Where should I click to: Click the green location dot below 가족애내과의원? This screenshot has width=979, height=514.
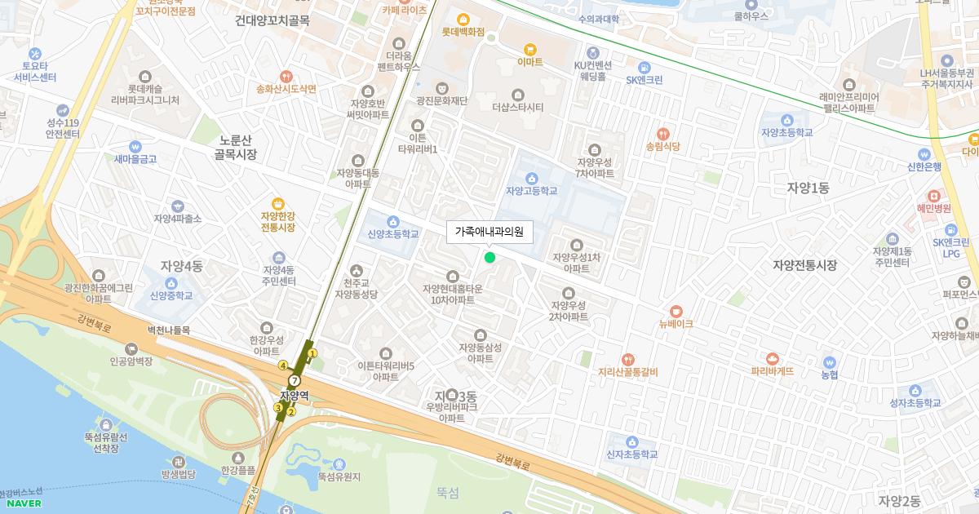[489, 258]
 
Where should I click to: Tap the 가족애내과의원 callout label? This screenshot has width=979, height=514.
[489, 232]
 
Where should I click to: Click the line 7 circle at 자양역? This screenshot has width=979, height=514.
[295, 380]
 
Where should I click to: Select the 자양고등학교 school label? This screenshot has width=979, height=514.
[531, 191]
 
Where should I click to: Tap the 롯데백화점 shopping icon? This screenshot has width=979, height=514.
[463, 20]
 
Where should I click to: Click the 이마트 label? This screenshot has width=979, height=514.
[530, 61]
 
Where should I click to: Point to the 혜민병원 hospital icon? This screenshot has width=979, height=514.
[933, 195]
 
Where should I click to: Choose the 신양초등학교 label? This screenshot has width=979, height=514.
[388, 234]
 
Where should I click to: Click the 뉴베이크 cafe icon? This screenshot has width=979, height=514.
[676, 311]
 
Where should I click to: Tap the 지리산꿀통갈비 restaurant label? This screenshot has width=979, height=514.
[627, 372]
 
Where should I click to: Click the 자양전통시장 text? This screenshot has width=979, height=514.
[804, 265]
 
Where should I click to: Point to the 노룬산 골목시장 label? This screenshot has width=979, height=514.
[235, 147]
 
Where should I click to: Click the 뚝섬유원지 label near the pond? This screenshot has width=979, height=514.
[339, 476]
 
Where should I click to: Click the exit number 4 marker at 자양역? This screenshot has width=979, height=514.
[283, 365]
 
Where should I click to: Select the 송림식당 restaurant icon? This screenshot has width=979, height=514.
[662, 134]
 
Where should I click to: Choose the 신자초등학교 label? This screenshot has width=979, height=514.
[631, 454]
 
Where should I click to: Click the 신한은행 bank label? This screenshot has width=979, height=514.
[924, 166]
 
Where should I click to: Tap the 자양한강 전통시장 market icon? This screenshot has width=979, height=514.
[277, 202]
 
